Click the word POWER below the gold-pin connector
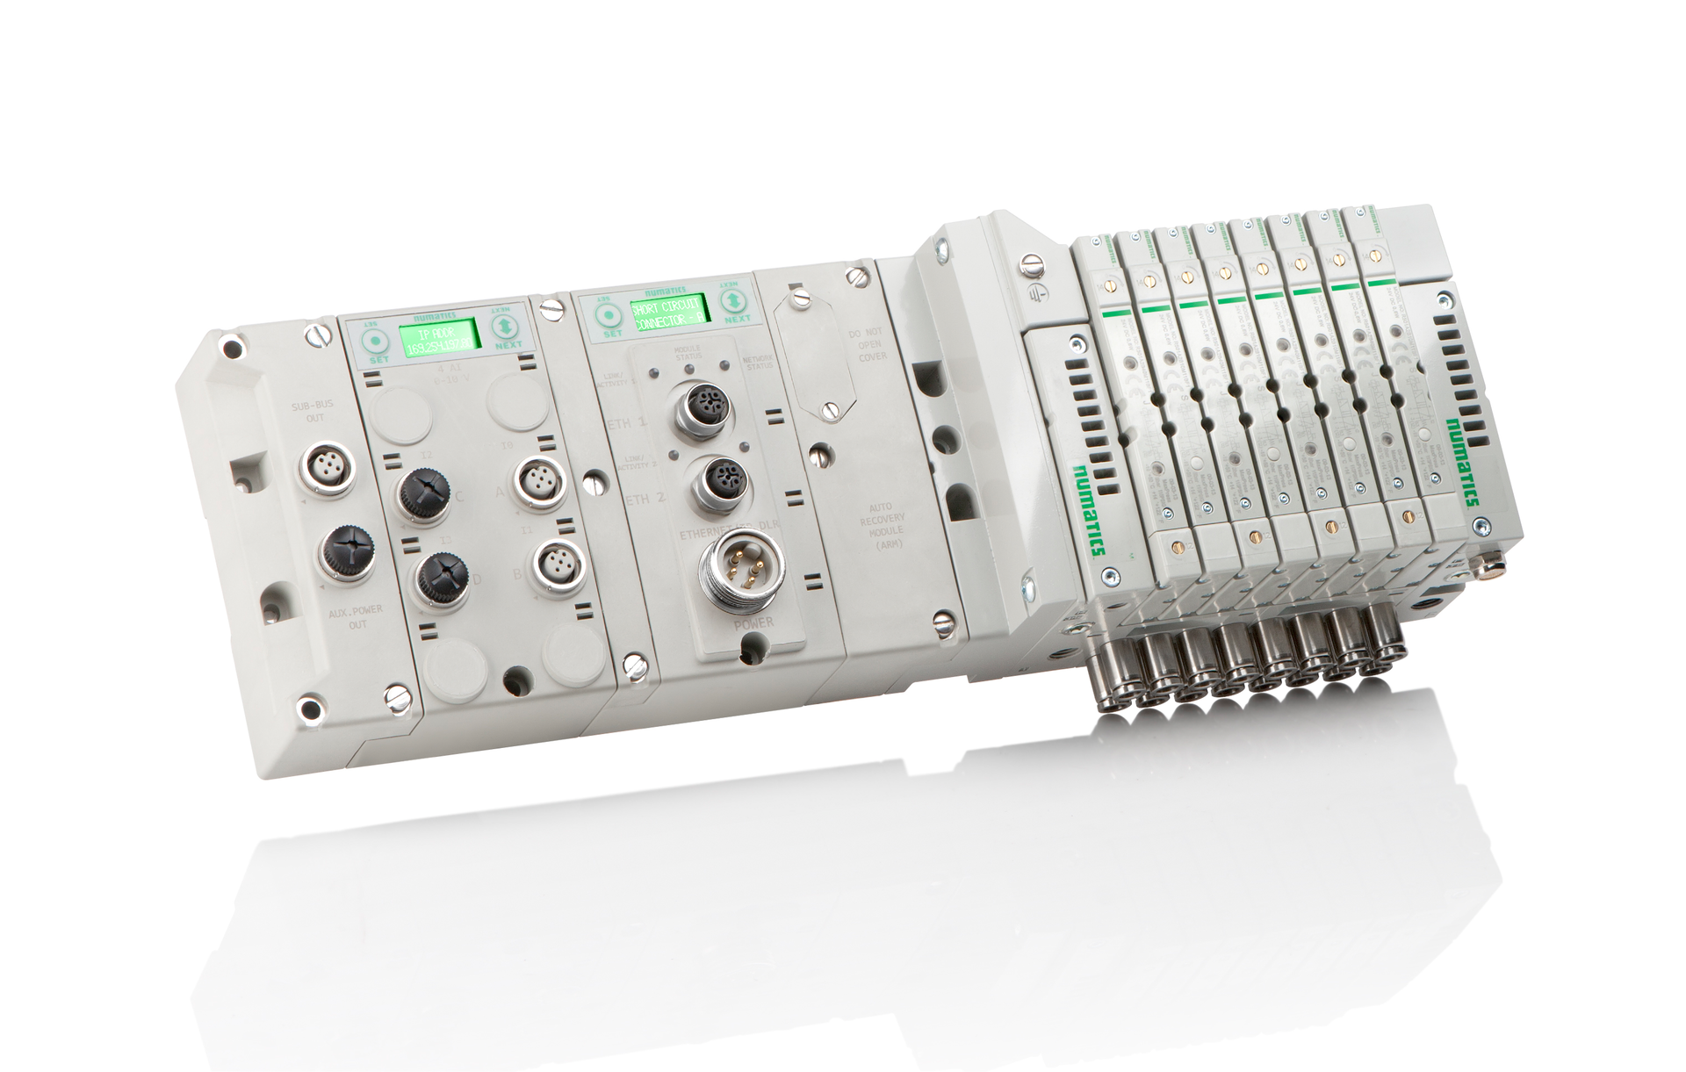[753, 623]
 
